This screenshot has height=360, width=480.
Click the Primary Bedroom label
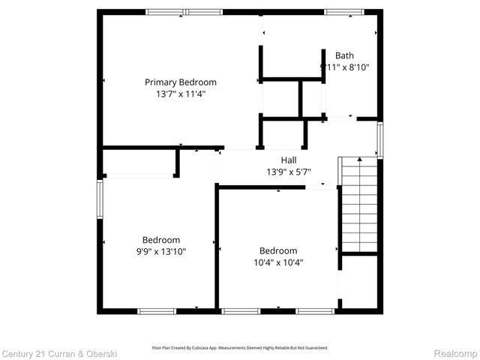[181, 82]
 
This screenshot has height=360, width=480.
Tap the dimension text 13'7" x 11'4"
[181, 94]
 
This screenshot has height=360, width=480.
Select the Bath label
[344, 55]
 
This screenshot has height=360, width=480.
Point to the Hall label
[289, 160]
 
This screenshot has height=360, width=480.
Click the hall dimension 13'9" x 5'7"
[289, 172]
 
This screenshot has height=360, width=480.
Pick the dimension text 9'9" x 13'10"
[161, 252]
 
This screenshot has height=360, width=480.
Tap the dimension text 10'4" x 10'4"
[278, 262]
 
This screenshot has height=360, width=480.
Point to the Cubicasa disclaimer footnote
[240, 348]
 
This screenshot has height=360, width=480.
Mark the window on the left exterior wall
[100, 196]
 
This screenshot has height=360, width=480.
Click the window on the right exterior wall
[379, 140]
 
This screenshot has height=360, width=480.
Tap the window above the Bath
[343, 12]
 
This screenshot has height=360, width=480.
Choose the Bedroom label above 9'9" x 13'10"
[161, 240]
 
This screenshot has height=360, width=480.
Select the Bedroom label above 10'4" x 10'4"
[278, 250]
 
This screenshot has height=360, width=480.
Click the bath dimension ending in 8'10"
[344, 67]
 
